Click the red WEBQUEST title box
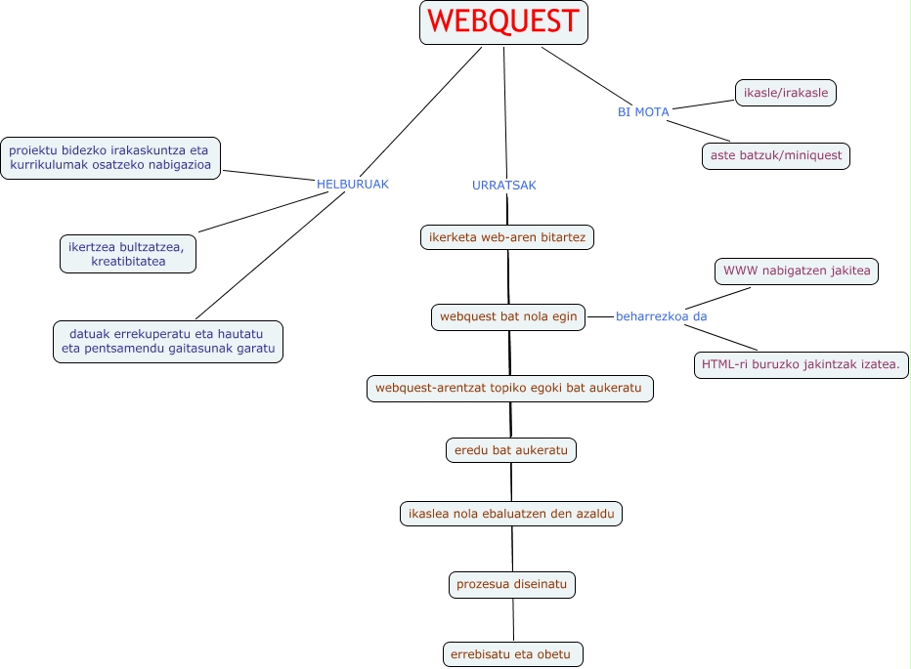tap(503, 22)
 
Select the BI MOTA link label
tap(643, 112)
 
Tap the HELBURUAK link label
tap(353, 184)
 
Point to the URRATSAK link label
tap(504, 186)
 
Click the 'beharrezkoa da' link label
tap(661, 316)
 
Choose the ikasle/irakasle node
tap(786, 93)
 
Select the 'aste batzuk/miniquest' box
tap(776, 155)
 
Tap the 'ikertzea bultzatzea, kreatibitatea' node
tap(127, 253)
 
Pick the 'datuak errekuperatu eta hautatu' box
tap(167, 342)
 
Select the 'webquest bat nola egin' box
tap(508, 316)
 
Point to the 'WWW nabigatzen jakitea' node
tap(796, 271)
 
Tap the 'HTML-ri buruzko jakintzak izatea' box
tap(801, 365)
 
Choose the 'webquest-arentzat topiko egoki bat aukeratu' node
tap(509, 388)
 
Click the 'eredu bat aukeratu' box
tap(510, 450)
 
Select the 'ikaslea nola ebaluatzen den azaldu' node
tap(511, 513)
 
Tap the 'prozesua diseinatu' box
tap(511, 584)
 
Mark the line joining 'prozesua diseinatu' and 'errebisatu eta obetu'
tap(512, 619)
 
